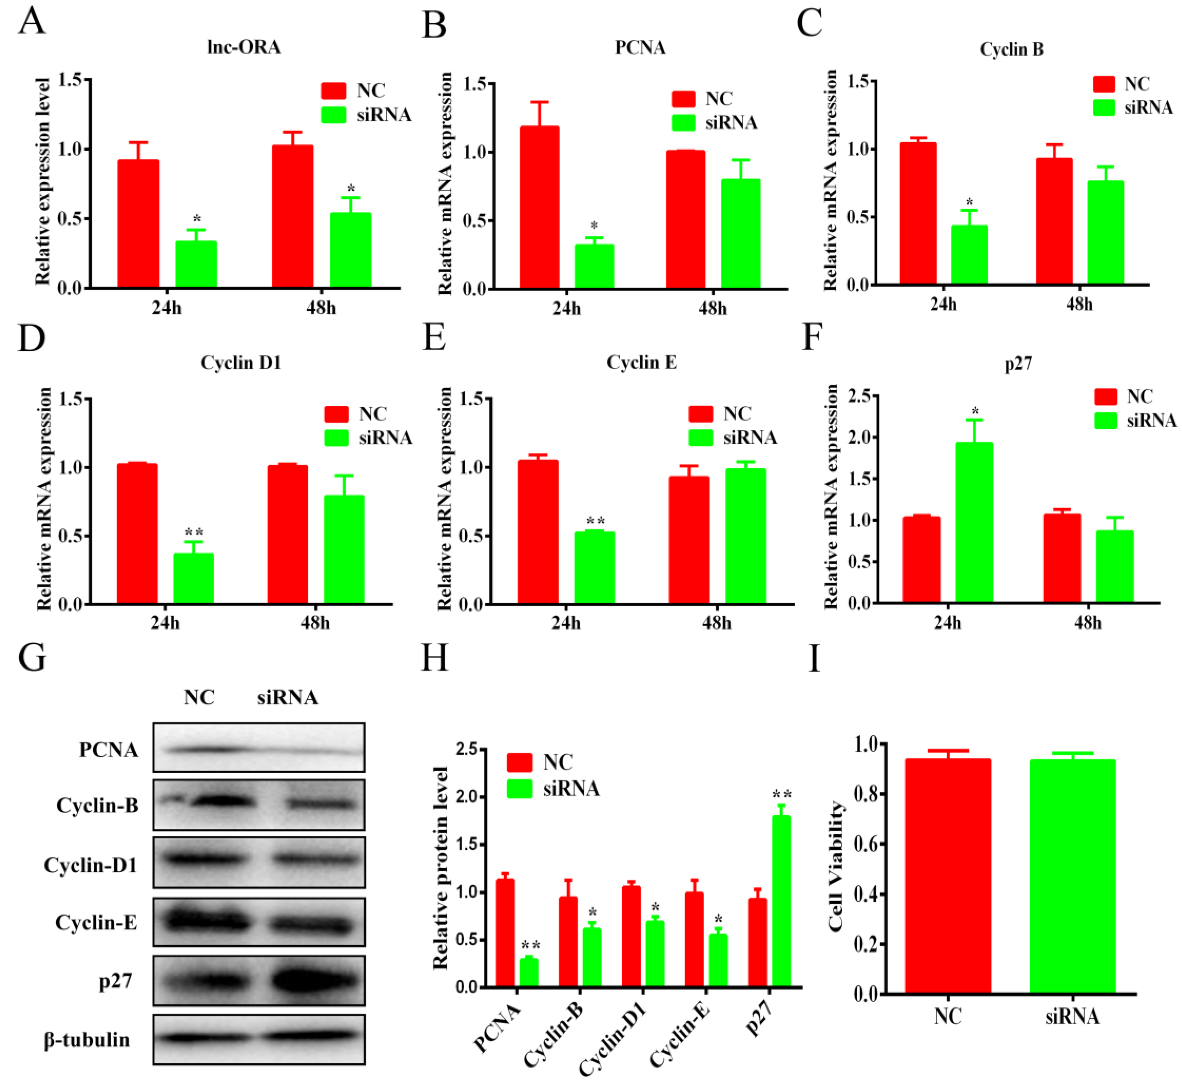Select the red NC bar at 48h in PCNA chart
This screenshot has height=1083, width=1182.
click(685, 220)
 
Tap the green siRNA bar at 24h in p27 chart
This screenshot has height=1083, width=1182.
click(974, 522)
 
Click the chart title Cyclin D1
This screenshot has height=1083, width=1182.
click(241, 363)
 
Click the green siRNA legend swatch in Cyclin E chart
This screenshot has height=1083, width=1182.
click(701, 437)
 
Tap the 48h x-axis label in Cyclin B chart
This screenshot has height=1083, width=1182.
click(1079, 304)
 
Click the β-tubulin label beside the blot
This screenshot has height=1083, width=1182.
click(87, 1039)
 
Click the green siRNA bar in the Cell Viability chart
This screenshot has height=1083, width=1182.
click(1072, 876)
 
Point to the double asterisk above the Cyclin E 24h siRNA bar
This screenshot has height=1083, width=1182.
click(596, 521)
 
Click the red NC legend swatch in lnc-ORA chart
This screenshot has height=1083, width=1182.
click(334, 91)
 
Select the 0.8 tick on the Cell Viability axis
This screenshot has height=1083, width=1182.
click(868, 794)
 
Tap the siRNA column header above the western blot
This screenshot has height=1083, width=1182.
click(287, 697)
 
